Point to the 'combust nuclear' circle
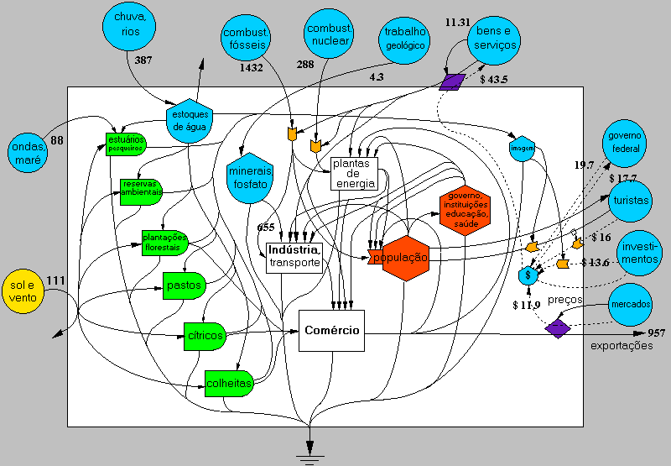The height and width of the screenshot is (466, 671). [329, 34]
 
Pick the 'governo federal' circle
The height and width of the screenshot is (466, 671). [624, 142]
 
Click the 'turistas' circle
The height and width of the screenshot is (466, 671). [631, 202]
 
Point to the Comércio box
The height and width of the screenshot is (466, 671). [331, 330]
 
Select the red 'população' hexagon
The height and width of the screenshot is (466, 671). [400, 258]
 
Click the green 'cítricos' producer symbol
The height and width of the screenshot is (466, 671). [205, 336]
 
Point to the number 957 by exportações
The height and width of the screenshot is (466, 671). [657, 334]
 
